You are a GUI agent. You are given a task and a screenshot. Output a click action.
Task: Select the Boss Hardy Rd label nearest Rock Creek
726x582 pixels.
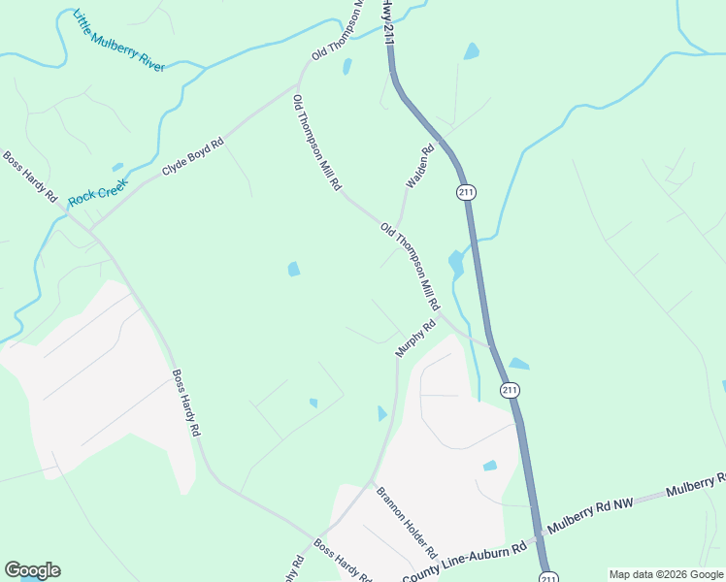click(29, 177)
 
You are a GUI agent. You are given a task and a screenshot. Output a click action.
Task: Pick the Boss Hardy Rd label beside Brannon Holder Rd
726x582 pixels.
click(343, 561)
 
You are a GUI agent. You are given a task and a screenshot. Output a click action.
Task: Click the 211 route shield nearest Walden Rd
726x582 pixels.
click(466, 192)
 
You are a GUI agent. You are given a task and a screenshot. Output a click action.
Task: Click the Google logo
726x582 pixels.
click(32, 570)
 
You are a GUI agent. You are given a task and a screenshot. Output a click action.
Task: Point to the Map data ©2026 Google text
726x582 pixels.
click(665, 574)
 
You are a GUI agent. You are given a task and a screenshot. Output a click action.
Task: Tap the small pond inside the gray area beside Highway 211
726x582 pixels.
click(490, 466)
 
